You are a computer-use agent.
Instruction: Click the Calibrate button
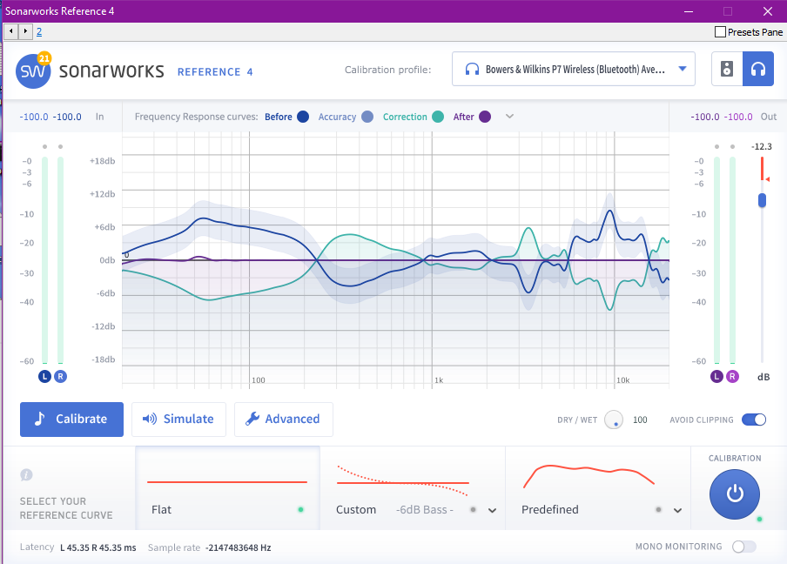pyautogui.click(x=71, y=419)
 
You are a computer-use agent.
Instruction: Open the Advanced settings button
pyautogui.click(x=283, y=419)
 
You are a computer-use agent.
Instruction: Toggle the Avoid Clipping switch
pyautogui.click(x=754, y=420)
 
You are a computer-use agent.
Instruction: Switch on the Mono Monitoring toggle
pyautogui.click(x=744, y=547)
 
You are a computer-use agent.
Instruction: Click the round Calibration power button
pyautogui.click(x=735, y=493)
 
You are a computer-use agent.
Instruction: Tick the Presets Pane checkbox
pyautogui.click(x=720, y=32)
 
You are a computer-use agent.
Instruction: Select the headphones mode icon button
pyautogui.click(x=758, y=69)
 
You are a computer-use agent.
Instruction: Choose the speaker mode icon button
pyautogui.click(x=727, y=69)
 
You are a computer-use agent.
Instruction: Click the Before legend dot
pyautogui.click(x=303, y=117)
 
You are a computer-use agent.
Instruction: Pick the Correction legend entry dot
pyautogui.click(x=438, y=117)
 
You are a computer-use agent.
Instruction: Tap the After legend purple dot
pyautogui.click(x=485, y=117)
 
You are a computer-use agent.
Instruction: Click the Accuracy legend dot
pyautogui.click(x=367, y=117)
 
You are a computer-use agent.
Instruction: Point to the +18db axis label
pyautogui.click(x=102, y=161)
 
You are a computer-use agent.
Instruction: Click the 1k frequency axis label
pyautogui.click(x=439, y=380)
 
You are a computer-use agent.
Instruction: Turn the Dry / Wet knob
pyautogui.click(x=615, y=420)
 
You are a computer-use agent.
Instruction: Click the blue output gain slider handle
pyautogui.click(x=762, y=200)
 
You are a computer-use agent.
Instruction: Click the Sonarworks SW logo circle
pyautogui.click(x=33, y=71)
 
